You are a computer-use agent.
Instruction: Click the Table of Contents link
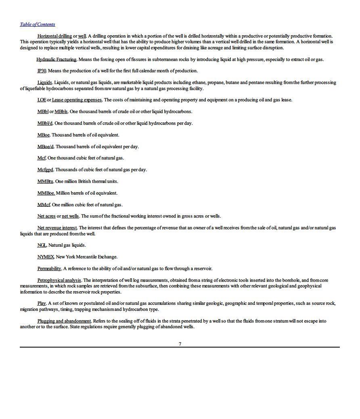tap(38, 24)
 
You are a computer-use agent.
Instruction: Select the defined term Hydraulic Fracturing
tap(57, 59)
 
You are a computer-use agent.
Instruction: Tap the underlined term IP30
tap(42, 71)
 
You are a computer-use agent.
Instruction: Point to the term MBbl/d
tap(45, 123)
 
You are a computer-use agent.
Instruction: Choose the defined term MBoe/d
tap(45, 147)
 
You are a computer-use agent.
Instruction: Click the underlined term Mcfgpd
tap(45, 170)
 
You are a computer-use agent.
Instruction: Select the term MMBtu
tap(45, 181)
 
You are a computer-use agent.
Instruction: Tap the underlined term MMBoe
tap(46, 193)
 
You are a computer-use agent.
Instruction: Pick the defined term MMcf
tap(44, 205)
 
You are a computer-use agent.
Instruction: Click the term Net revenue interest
tap(57, 228)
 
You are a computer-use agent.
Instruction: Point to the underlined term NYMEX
tap(46, 257)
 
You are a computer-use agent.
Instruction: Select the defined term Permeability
tap(49, 268)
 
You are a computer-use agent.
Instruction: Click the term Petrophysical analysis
tap(59, 280)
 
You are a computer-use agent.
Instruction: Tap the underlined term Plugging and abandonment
tap(64, 321)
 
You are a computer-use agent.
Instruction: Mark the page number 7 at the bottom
tap(180, 344)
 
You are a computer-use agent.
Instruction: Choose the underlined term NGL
tap(42, 245)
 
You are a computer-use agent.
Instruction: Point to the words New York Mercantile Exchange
tap(86, 257)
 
